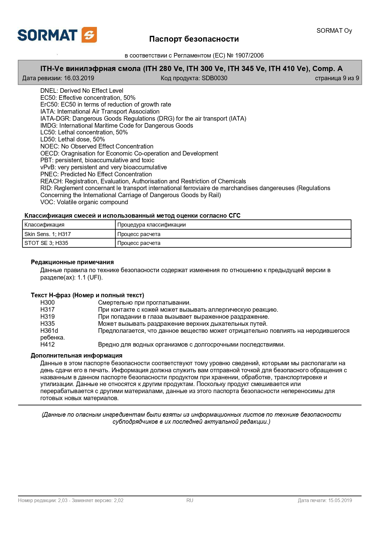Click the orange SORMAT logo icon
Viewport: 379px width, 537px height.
89,35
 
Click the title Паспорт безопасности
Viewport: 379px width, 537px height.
194,39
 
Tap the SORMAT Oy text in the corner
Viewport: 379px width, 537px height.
334,31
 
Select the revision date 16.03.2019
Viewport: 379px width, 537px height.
79,78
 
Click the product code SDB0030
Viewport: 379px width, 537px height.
214,78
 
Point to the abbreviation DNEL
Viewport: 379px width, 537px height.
49,91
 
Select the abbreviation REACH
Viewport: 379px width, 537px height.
51,181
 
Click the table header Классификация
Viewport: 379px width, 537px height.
44,225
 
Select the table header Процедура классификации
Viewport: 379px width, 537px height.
152,225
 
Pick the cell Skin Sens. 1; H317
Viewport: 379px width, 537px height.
48,234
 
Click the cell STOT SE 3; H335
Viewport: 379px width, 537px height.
46,243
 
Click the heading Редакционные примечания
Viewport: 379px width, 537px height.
72,262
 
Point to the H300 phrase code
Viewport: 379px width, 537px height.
48,302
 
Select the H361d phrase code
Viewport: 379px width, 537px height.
49,331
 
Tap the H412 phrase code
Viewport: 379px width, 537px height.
48,344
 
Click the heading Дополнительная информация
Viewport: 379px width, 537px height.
76,355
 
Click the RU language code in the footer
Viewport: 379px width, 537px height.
190,500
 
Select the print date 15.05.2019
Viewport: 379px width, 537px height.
340,500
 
